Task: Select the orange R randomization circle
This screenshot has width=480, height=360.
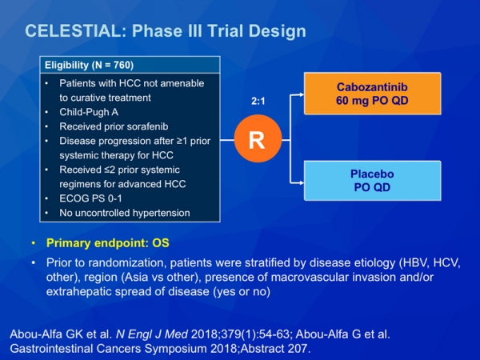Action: pyautogui.click(x=258, y=138)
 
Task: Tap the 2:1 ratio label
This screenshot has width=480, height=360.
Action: pyautogui.click(x=258, y=101)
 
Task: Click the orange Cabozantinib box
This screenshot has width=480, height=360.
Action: pyautogui.click(x=373, y=94)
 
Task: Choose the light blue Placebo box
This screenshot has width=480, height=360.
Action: pyautogui.click(x=373, y=181)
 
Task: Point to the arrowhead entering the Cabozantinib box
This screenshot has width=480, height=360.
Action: pyautogui.click(x=302, y=94)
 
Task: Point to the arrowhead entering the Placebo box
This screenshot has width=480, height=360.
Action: pyautogui.click(x=302, y=183)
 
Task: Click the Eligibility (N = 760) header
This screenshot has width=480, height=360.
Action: pyautogui.click(x=89, y=66)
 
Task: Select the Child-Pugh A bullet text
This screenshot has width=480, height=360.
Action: pyautogui.click(x=89, y=112)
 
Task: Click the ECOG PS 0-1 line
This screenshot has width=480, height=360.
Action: pyautogui.click(x=90, y=198)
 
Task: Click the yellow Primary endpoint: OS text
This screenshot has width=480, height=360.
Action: pyautogui.click(x=108, y=243)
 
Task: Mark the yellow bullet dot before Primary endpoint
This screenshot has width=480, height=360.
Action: pyautogui.click(x=34, y=243)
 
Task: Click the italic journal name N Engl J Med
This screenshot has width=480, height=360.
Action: pyautogui.click(x=152, y=334)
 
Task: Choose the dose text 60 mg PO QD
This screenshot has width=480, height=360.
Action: pyautogui.click(x=372, y=101)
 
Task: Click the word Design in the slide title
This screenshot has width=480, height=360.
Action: pyautogui.click(x=277, y=31)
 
